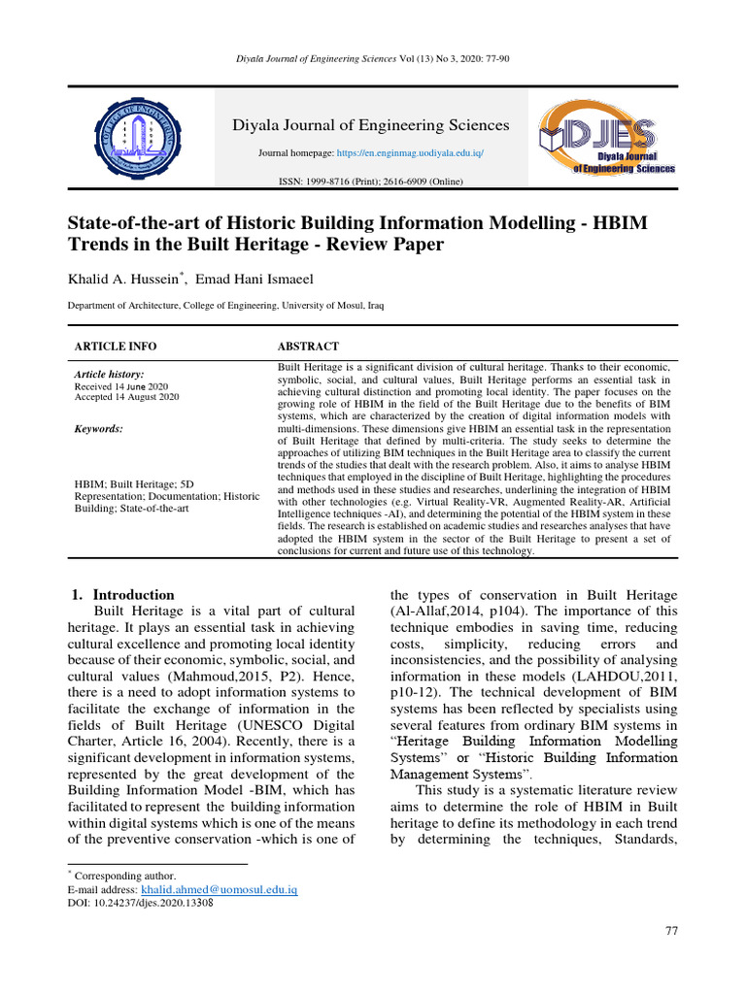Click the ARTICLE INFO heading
tap(116, 347)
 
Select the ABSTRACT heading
tap(308, 347)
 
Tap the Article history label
tap(109, 374)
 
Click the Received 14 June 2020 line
tap(121, 386)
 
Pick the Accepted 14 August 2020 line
tap(126, 397)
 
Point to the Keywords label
tap(99, 429)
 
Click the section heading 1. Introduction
tap(124, 595)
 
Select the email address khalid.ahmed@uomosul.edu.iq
tap(219, 889)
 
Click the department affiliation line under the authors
tap(224, 306)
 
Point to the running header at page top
tap(373, 59)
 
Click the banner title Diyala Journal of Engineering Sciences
tap(369, 125)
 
